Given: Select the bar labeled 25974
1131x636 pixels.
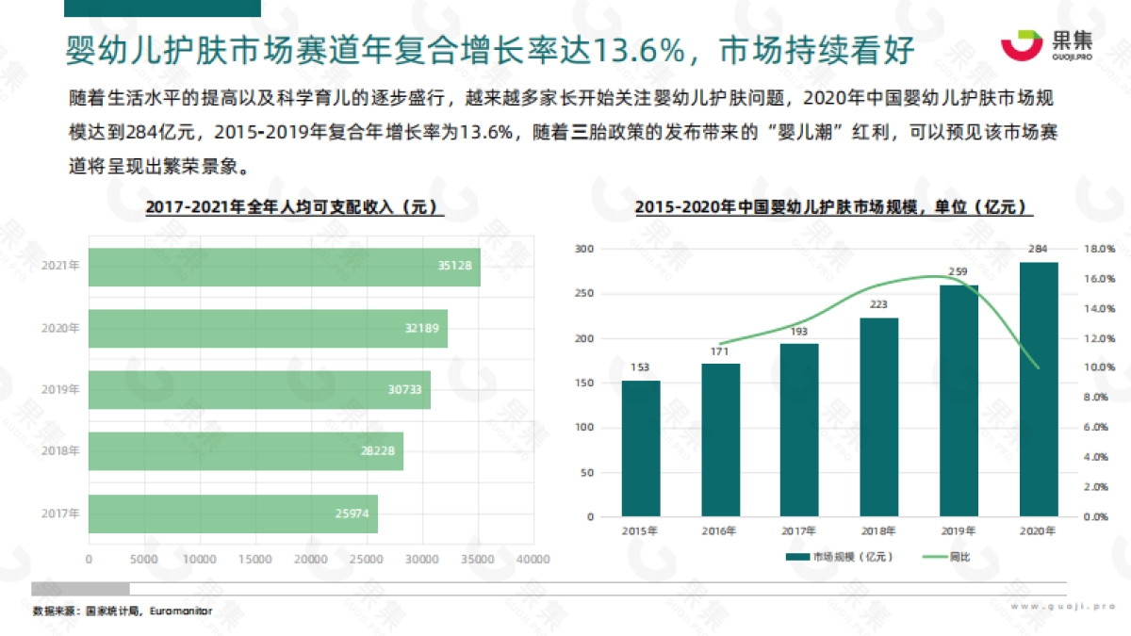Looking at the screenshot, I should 233,514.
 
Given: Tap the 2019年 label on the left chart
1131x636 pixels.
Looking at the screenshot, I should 60,389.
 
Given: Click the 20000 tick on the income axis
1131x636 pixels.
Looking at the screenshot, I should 310,559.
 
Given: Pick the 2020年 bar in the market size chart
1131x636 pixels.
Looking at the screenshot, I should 1039,389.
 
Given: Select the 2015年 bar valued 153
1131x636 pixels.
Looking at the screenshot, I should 640,448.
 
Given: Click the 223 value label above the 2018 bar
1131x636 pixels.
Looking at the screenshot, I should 878,304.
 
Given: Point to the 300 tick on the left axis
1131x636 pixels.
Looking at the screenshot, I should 584,249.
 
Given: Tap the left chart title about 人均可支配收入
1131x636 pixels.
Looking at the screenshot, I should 294,207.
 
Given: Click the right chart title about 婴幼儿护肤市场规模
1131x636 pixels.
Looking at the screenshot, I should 832,207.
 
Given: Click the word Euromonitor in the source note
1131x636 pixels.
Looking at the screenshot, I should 180,611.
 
